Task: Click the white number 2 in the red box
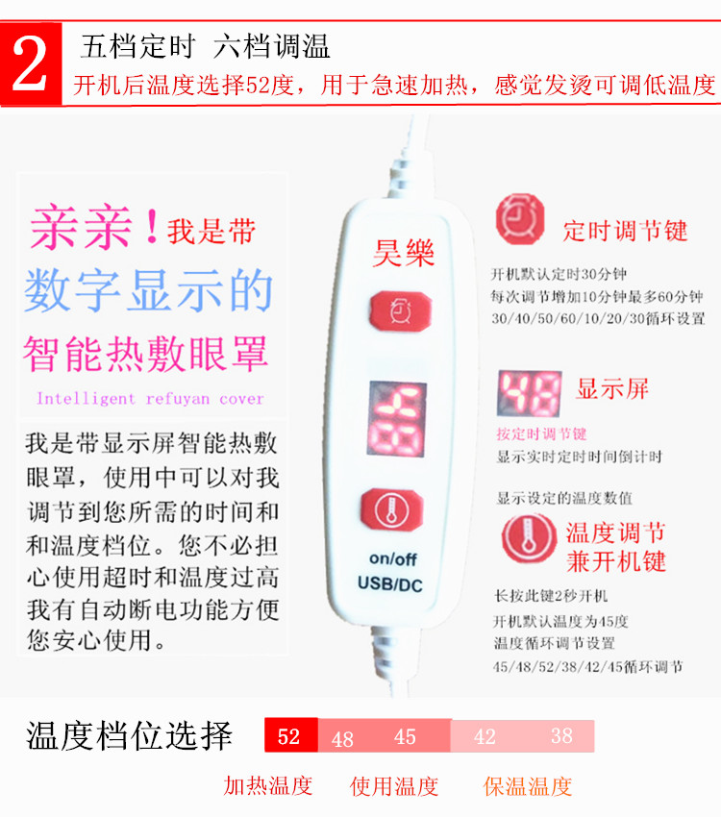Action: pyautogui.click(x=30, y=63)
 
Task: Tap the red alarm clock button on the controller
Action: pyautogui.click(x=401, y=310)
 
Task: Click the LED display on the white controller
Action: pyautogui.click(x=397, y=419)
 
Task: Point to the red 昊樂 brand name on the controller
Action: pyautogui.click(x=403, y=254)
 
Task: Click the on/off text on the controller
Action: pyautogui.click(x=393, y=559)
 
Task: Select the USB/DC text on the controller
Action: pyautogui.click(x=390, y=584)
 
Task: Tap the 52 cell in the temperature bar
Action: pyautogui.click(x=290, y=735)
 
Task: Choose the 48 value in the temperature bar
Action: pyautogui.click(x=342, y=739)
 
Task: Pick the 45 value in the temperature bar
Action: pyautogui.click(x=405, y=737)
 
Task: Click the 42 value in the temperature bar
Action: pyautogui.click(x=485, y=737)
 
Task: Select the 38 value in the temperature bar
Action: pyautogui.click(x=561, y=735)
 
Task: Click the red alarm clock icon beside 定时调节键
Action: pyautogui.click(x=520, y=219)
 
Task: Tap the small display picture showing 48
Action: pyautogui.click(x=530, y=393)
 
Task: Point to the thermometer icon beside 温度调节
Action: pyautogui.click(x=529, y=538)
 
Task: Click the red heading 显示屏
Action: pyautogui.click(x=612, y=389)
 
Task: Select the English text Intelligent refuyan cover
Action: pyautogui.click(x=150, y=399)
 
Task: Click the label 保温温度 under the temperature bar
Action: pyautogui.click(x=527, y=786)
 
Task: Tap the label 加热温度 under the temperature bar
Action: pyautogui.click(x=268, y=785)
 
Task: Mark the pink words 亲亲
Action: pyautogui.click(x=81, y=227)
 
